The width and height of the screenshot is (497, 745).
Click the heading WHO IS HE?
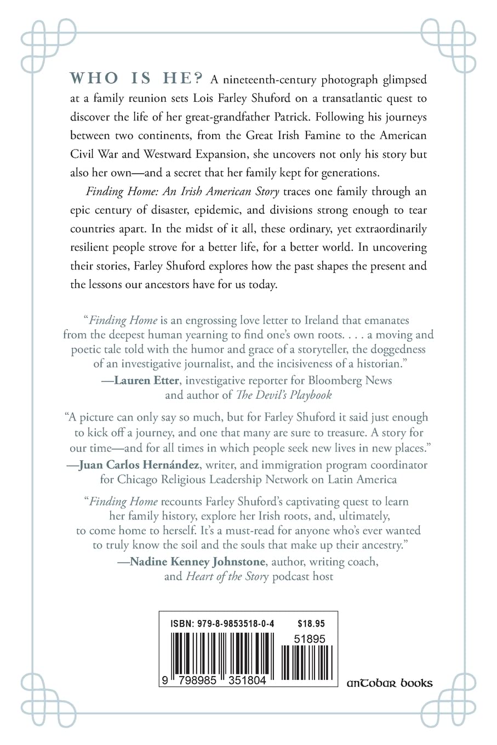point(138,79)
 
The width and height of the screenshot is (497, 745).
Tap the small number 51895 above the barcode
point(310,639)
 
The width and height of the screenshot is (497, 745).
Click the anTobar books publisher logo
point(390,683)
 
